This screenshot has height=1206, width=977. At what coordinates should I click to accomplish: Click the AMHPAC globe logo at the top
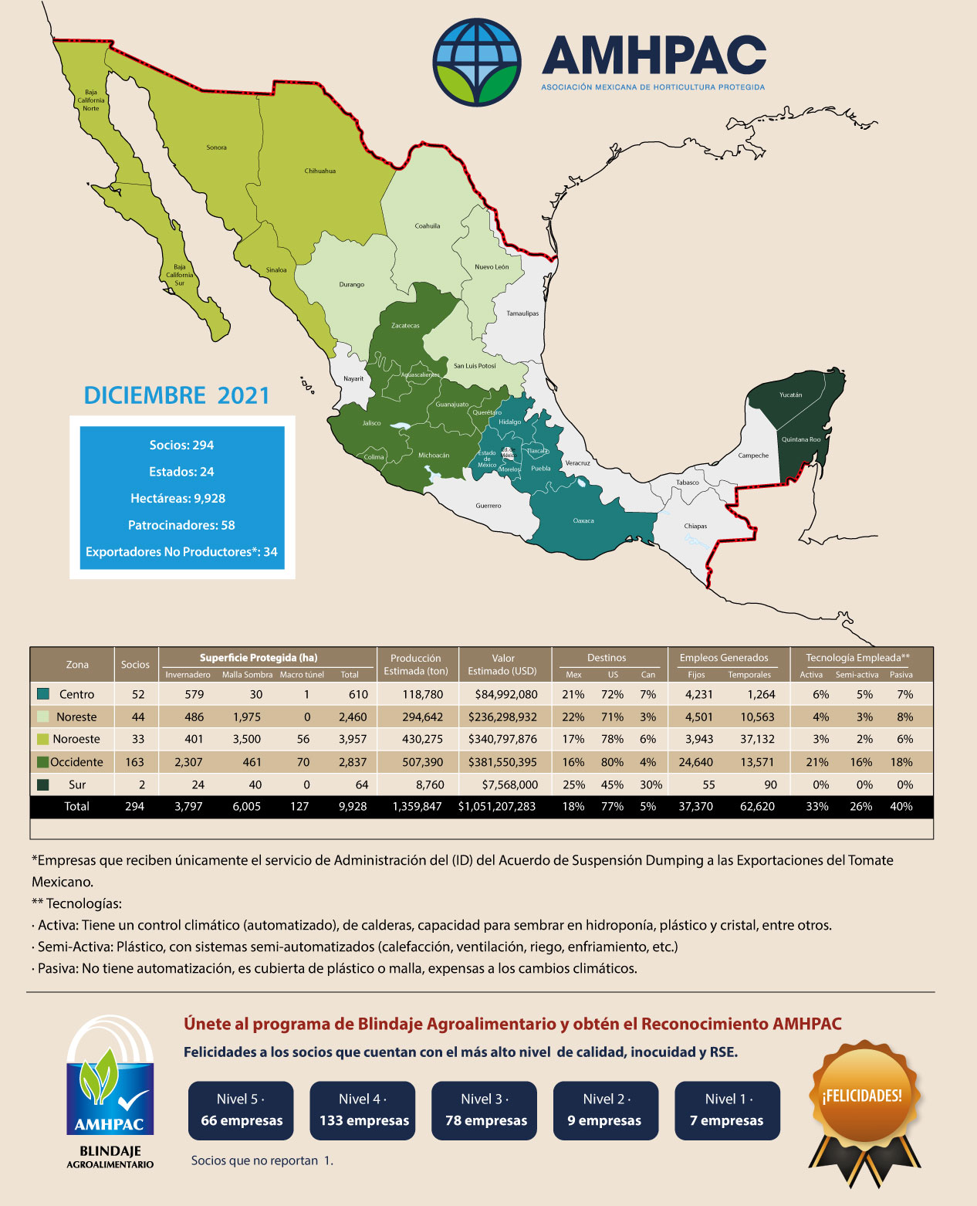[x=477, y=62]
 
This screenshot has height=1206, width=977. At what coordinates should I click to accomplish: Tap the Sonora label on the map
[x=216, y=147]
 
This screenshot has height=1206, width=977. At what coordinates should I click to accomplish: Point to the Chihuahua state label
[x=319, y=171]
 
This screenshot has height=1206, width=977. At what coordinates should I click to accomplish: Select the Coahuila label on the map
[x=427, y=226]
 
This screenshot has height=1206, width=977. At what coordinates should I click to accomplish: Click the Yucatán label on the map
[x=790, y=395]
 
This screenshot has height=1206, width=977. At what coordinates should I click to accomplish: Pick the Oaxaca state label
[x=583, y=520]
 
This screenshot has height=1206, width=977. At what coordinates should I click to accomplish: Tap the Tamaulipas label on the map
[x=522, y=313]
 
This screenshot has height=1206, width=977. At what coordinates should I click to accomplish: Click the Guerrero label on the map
[x=488, y=506]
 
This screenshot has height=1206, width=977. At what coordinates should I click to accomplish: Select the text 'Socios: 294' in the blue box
[x=181, y=445]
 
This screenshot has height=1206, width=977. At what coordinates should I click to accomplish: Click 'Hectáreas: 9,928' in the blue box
[x=177, y=498]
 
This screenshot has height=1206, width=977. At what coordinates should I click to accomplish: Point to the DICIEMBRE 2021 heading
[x=177, y=395]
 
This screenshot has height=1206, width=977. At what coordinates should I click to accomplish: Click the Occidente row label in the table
[x=76, y=762]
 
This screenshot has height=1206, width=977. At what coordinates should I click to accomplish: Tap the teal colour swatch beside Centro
[x=43, y=694]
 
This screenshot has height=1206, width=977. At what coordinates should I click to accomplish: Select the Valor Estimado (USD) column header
[x=502, y=664]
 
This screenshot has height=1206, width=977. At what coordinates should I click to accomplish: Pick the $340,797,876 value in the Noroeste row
[x=502, y=739]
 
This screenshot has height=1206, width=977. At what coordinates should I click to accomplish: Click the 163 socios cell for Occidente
[x=134, y=762]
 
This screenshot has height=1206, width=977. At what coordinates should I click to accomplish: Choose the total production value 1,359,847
[x=417, y=806]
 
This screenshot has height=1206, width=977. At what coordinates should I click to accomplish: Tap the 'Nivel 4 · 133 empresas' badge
[x=363, y=1110]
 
